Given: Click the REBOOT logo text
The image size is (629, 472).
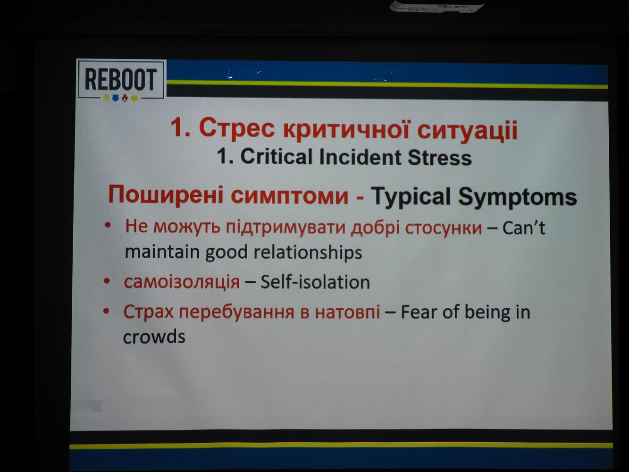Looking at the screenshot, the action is pos(121,79).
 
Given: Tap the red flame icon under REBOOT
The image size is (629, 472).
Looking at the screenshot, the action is pos(125,98).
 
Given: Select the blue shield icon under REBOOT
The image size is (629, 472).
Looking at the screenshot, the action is pos(116,98).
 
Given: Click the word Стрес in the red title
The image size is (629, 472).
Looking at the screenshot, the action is pos(237,128).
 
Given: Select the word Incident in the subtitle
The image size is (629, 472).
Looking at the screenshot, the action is pos(360,157).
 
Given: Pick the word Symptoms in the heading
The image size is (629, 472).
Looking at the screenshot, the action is pos(517,197).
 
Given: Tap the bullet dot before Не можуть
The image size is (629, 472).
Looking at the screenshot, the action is pos(108,225).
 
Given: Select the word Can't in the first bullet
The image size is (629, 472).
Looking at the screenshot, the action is pos(524,228).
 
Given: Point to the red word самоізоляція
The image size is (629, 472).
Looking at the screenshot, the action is pos(182,282).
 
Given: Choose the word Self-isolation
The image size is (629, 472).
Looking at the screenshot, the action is pos(315,282).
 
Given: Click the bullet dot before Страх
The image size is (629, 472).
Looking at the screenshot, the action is pos(106,311).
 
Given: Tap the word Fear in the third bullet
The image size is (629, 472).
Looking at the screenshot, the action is pos(419,312).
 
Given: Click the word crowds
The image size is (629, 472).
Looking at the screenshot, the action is pos(154,337).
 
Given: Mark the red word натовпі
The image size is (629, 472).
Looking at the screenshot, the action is pos(347,312).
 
